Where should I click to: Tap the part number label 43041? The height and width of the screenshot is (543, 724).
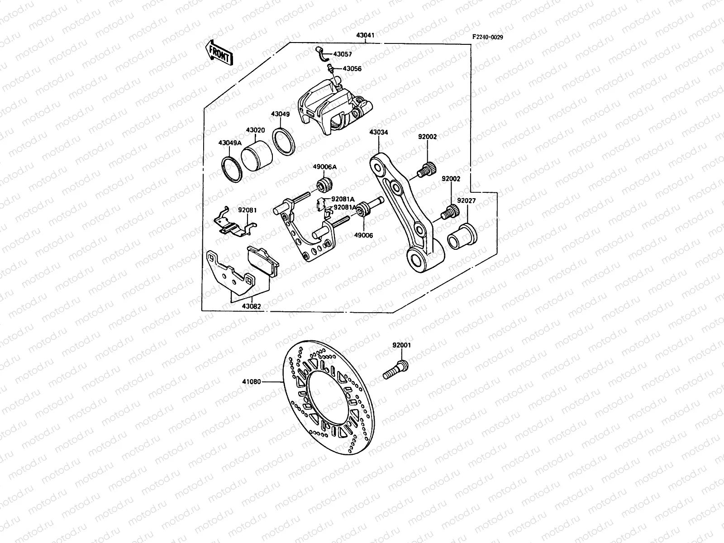366,35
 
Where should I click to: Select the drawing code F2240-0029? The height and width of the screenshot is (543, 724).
488,38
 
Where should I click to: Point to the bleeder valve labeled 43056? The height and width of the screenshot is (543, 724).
331,69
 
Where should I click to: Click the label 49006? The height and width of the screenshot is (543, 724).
363,235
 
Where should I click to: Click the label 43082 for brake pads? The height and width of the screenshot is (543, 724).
252,306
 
